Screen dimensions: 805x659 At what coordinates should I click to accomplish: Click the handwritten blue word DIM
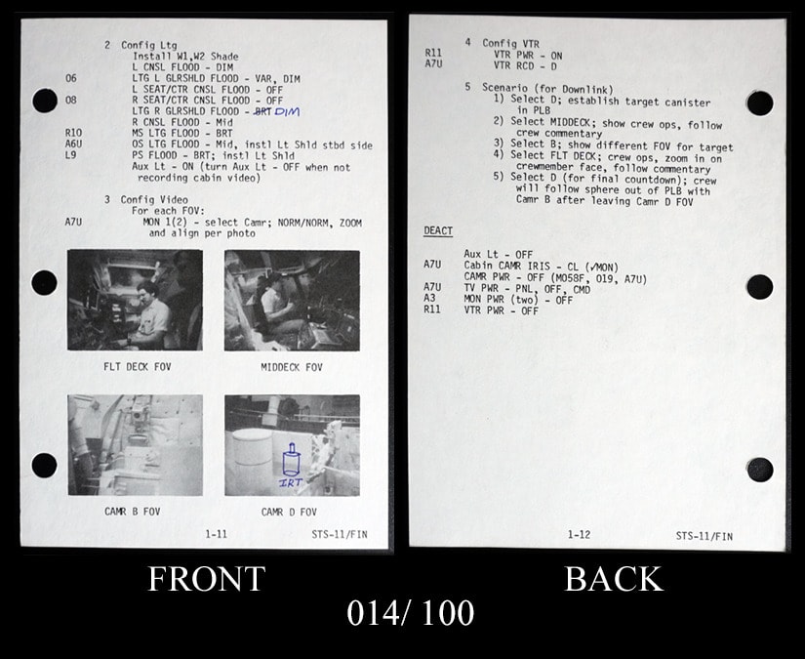pos(287,111)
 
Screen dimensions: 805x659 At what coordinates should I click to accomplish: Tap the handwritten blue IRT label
pos(291,482)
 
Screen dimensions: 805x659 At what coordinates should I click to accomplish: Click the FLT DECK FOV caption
pos(137,367)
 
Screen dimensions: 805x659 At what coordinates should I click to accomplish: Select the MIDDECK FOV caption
pos(292,367)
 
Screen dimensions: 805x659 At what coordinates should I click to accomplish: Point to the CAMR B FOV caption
pos(133,512)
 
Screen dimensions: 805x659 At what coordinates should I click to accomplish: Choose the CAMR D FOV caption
pos(289,513)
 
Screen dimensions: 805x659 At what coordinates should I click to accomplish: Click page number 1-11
pos(217,534)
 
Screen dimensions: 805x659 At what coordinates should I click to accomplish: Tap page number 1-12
pos(579,535)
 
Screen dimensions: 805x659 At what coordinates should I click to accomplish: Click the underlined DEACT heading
pos(438,231)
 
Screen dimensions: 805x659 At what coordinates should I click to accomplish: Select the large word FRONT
pos(207,579)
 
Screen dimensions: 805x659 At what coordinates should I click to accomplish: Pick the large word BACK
pos(614,579)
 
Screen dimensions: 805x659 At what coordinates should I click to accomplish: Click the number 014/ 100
pos(410,613)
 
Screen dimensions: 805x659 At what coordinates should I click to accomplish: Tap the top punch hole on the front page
pos(45,101)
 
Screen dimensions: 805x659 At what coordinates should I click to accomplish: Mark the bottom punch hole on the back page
pos(760,470)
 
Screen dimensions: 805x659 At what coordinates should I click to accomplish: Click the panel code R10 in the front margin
pos(73,133)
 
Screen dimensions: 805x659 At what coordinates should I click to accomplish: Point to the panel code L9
pos(70,154)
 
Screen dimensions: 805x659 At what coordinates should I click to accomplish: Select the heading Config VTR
pos(511,44)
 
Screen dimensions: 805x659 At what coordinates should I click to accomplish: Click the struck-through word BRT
pos(262,111)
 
